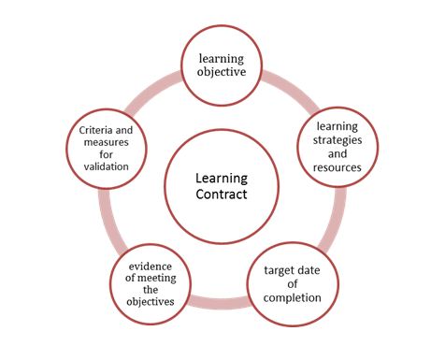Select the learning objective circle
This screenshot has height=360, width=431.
(x=221, y=65)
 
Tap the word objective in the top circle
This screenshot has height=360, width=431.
(x=221, y=72)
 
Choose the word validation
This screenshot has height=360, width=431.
(x=109, y=166)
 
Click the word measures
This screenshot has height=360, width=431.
(x=109, y=141)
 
